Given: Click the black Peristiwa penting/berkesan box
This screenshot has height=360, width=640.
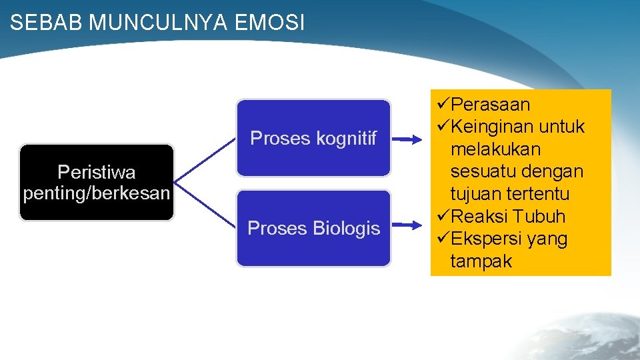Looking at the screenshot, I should pos(97,182).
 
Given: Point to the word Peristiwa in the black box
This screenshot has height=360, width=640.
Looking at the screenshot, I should pos(97,172).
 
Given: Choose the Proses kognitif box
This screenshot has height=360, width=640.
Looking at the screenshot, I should pos(313,138).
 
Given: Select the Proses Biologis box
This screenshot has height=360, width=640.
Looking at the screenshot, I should pos(313,228).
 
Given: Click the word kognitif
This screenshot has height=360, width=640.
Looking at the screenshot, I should pos(346,139).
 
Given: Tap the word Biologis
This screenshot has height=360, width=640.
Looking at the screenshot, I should pos(347,229).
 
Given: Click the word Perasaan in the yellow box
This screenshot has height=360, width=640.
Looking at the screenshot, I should pos(490,105).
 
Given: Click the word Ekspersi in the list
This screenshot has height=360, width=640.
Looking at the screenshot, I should pos(485,239).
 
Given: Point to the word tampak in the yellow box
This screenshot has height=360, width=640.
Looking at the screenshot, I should pos(481,261).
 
